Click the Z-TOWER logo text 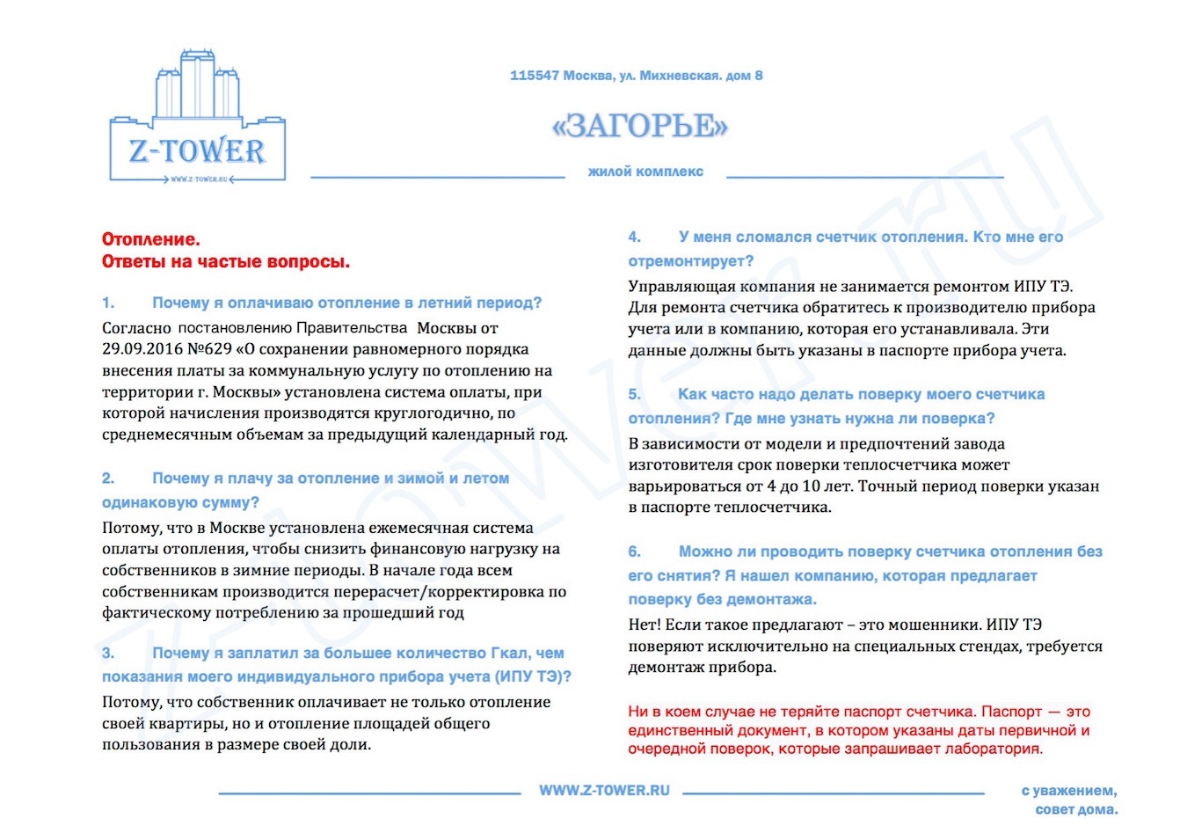pyautogui.click(x=197, y=151)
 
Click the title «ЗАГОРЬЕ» pyautogui.click(x=640, y=126)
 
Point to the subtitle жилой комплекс pyautogui.click(x=645, y=172)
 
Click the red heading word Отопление pyautogui.click(x=150, y=239)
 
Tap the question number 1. pyautogui.click(x=108, y=303)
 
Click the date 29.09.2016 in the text pyautogui.click(x=142, y=349)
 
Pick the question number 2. pyautogui.click(x=108, y=479)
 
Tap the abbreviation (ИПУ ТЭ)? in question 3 pyautogui.click(x=533, y=676)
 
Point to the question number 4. pyautogui.click(x=634, y=237)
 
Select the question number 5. pyautogui.click(x=634, y=394)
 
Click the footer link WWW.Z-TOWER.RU pyautogui.click(x=604, y=790)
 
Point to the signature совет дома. pyautogui.click(x=1076, y=809)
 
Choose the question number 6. pyautogui.click(x=634, y=552)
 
